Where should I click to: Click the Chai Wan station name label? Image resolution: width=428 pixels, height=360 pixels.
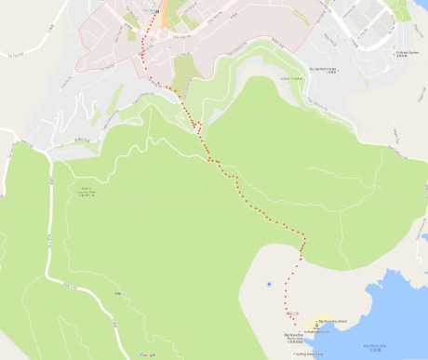click(150, 11)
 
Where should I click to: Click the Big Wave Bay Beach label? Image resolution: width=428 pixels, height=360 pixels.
click(329, 318)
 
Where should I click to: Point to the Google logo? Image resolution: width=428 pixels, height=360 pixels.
click(147, 354)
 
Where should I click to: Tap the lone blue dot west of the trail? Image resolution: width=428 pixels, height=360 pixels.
click(269, 282)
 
